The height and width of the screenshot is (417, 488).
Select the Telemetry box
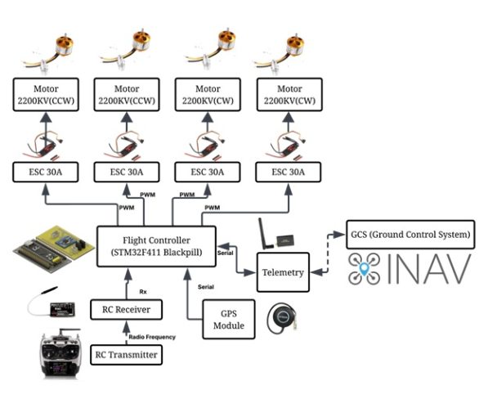[284, 273]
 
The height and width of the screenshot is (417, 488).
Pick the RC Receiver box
[126, 310]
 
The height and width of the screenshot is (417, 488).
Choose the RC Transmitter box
[126, 355]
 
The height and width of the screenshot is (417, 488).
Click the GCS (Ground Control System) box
[410, 235]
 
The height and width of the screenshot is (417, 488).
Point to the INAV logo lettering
[433, 270]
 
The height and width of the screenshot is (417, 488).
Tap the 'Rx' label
[143, 290]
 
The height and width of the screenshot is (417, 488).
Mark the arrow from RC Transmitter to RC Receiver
[126, 333]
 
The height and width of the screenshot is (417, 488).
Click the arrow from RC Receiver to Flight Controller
[126, 283]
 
